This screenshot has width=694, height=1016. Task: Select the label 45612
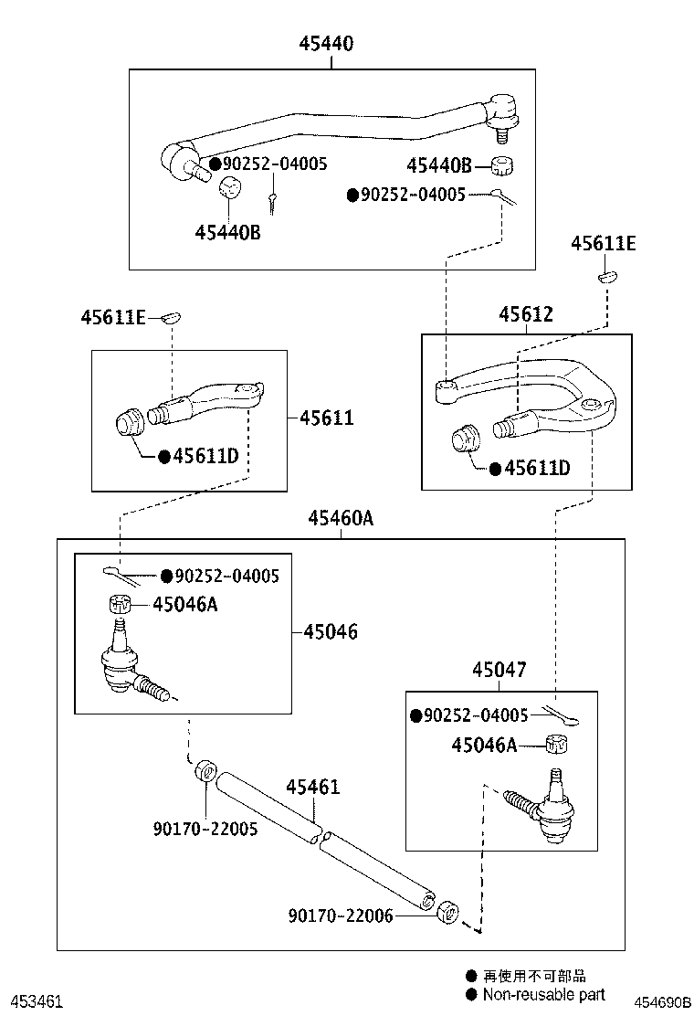525,314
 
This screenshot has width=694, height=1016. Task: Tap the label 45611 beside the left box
326,418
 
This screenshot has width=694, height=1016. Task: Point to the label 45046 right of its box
330,631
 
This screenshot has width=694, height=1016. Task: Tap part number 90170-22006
341,915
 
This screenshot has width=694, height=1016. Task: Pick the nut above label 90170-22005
205,770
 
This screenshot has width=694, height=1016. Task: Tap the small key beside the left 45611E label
170,317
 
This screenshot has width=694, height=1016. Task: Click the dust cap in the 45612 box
467,438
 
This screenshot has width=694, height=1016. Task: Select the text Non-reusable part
542,995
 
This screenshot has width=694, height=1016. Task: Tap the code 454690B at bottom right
664,1001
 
